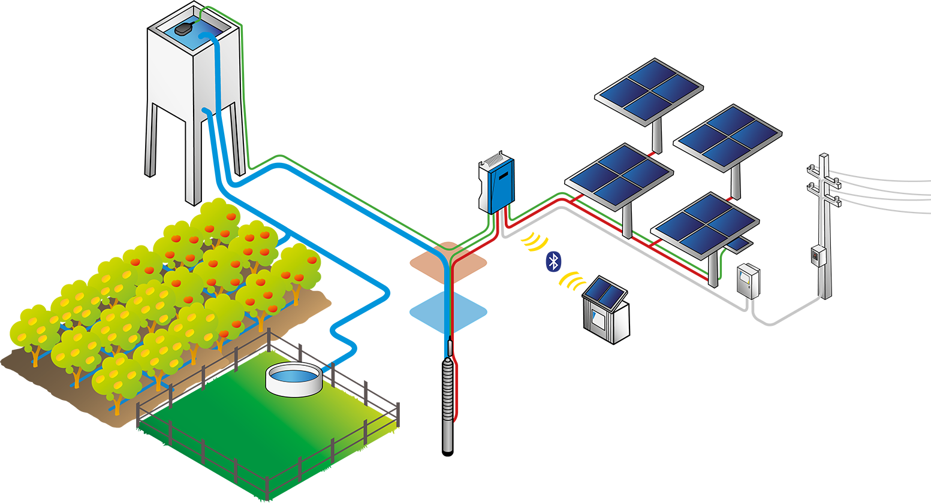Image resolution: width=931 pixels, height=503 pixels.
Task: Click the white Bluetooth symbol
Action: (555, 262)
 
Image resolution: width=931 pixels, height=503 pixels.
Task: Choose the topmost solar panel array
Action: (649, 89)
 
